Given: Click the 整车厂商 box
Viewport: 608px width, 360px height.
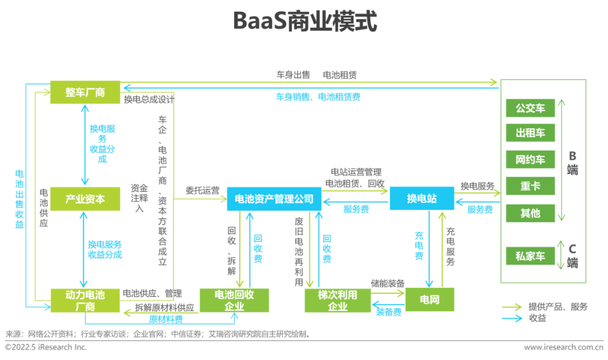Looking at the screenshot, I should point(85,92).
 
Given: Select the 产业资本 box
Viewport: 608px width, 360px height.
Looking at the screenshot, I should point(85,199).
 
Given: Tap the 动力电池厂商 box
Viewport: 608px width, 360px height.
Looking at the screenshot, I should point(85,300).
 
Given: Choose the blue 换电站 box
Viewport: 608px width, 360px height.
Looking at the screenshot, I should point(422,199).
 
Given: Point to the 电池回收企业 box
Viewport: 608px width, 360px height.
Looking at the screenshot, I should point(234,300).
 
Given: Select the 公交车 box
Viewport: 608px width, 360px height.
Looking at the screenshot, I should point(530,108).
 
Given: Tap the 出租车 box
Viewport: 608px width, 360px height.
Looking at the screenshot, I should point(530,133).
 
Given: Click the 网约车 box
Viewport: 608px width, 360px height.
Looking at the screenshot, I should point(530,160).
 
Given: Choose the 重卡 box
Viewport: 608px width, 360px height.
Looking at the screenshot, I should point(530,186).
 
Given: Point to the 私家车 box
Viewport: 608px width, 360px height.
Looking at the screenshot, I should point(530,256).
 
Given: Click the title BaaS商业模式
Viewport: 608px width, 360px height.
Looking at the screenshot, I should point(305,22).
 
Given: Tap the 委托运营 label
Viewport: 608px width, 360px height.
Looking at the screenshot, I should point(203,191).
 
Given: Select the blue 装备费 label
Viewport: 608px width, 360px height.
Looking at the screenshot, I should point(388,311).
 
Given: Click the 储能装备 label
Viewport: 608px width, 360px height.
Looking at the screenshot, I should point(387,283).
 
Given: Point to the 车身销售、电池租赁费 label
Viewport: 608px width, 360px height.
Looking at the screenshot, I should point(318,97).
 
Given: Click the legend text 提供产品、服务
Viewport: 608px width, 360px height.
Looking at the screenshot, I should point(557,307).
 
